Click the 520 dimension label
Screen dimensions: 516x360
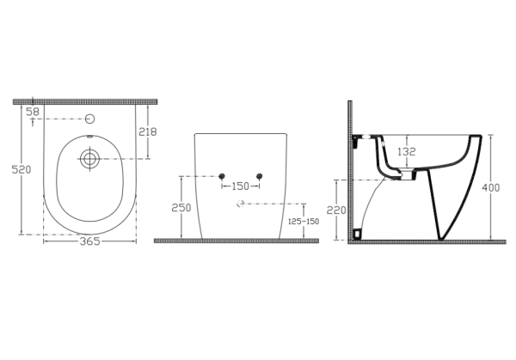(21, 169)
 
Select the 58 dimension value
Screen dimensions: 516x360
(33, 112)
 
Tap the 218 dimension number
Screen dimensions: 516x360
(148, 131)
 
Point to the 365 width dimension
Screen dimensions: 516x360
(89, 241)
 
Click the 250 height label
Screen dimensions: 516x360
(181, 208)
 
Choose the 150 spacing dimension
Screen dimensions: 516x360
(241, 186)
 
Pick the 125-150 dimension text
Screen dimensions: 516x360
(304, 222)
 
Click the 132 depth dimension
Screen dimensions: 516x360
(407, 152)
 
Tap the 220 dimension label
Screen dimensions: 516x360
(336, 210)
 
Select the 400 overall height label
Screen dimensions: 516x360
(491, 187)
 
